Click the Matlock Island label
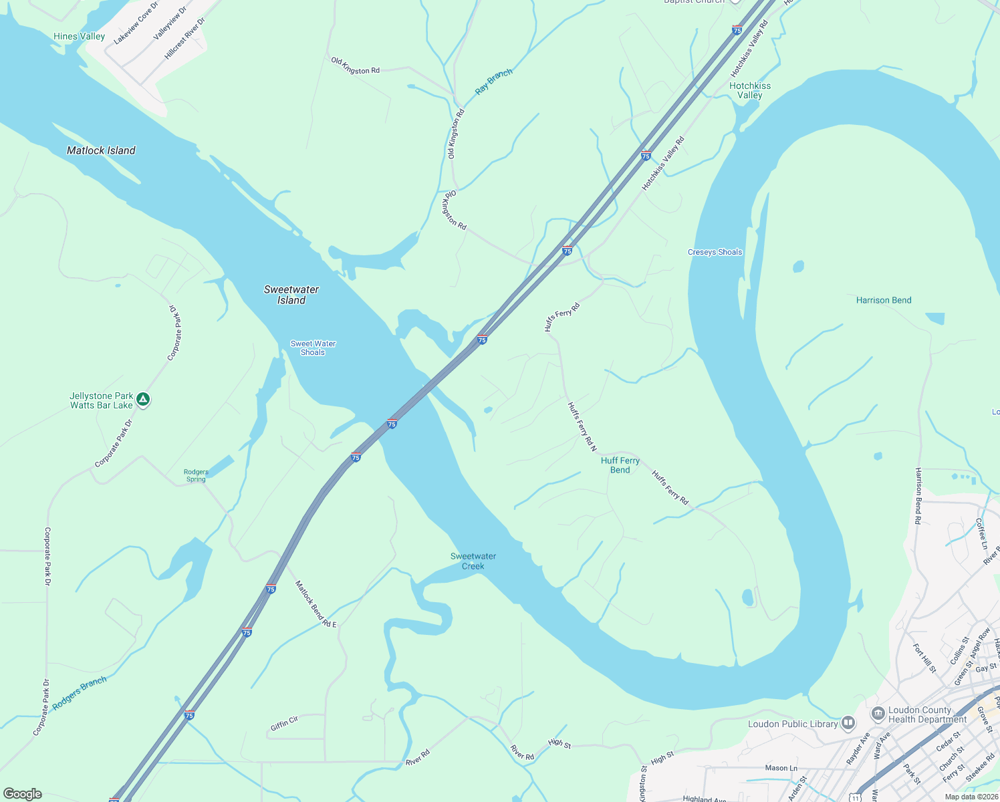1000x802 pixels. tap(101, 150)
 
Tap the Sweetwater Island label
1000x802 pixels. tap(291, 295)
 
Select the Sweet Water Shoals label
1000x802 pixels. tap(313, 348)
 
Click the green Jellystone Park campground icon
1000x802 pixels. tap(142, 400)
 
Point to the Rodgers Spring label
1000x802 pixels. tap(196, 475)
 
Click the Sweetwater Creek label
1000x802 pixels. tap(473, 561)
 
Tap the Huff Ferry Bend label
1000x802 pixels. tap(620, 465)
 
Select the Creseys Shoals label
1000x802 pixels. tap(715, 252)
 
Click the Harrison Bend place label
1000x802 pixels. tap(883, 300)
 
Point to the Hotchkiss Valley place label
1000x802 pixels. tap(749, 90)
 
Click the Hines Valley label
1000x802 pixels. tap(79, 36)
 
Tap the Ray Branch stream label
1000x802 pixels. tap(493, 81)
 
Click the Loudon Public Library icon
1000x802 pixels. tap(848, 722)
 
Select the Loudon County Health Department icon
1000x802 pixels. tap(878, 714)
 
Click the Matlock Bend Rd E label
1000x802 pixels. tap(316, 604)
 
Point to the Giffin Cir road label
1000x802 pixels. tap(284, 723)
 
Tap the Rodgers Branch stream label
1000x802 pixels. tap(80, 693)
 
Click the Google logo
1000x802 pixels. tap(22, 793)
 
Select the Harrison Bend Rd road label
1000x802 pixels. tap(918, 495)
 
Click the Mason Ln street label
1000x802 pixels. tap(781, 768)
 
